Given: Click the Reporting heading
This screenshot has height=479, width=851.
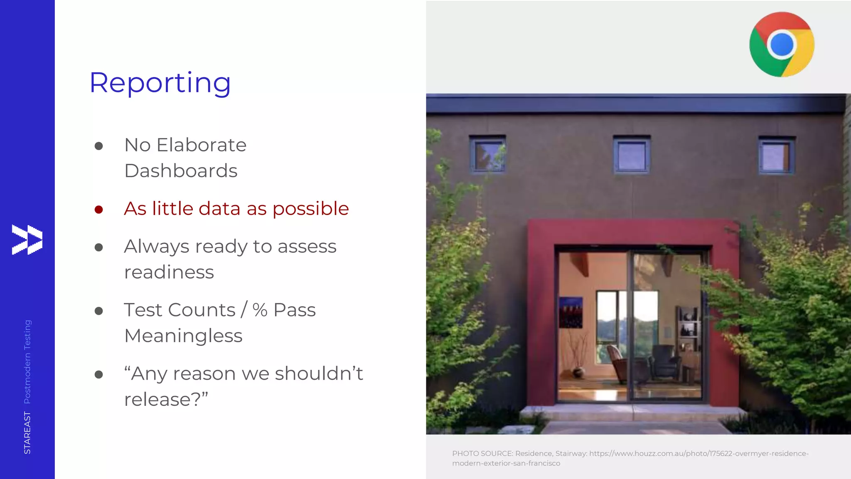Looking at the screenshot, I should (160, 82).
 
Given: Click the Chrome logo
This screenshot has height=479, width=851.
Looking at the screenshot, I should (782, 44).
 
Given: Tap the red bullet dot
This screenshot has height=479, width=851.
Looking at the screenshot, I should (98, 209).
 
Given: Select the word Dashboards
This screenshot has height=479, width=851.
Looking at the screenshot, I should (181, 170).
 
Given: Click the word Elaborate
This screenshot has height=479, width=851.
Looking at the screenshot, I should (202, 145).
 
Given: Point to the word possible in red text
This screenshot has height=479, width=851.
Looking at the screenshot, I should (310, 209).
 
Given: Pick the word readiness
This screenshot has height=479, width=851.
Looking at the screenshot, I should (169, 272).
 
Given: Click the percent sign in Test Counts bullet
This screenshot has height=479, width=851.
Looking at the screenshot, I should (260, 310).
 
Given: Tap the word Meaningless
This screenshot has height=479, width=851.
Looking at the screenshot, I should (183, 336).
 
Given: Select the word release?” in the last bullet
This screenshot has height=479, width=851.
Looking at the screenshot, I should (166, 399).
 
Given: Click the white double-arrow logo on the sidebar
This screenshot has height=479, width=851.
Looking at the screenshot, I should (27, 239).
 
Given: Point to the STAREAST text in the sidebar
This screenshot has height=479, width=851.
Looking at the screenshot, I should (27, 432).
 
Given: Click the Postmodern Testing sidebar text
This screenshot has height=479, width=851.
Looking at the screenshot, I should (27, 361).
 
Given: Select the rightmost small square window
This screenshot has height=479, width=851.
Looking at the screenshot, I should (775, 156).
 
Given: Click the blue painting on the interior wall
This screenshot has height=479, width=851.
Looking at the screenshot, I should (571, 312).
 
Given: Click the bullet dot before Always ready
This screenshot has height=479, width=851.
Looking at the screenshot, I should (98, 247).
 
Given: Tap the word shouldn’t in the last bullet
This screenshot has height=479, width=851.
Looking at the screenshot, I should (319, 373).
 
